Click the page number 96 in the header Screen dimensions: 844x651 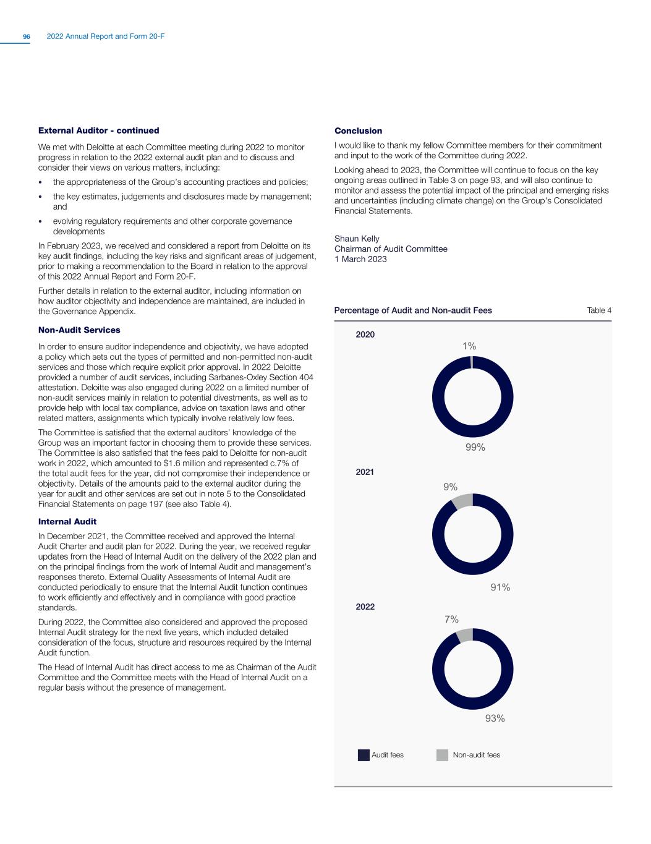point(27,37)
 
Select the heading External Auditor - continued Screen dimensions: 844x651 point(99,130)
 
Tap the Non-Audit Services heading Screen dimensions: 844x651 point(79,330)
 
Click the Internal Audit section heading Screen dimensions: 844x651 point(67,521)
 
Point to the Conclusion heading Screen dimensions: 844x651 point(358,130)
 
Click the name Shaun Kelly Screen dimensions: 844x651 point(357,239)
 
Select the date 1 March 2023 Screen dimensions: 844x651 point(360,259)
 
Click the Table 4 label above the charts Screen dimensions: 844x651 point(598,310)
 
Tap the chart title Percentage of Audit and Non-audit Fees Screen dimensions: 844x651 point(413,310)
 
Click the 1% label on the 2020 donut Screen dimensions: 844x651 point(469,346)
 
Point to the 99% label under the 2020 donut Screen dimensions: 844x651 point(475,448)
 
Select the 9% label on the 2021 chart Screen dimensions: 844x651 point(450,487)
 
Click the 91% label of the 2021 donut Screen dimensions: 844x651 point(500,587)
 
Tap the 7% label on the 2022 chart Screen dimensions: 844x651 point(451,619)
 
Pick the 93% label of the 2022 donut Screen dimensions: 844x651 point(495,718)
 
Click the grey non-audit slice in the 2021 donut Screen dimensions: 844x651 point(462,501)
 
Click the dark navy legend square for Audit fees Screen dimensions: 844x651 point(364,755)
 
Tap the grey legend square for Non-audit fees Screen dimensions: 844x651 point(442,755)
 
